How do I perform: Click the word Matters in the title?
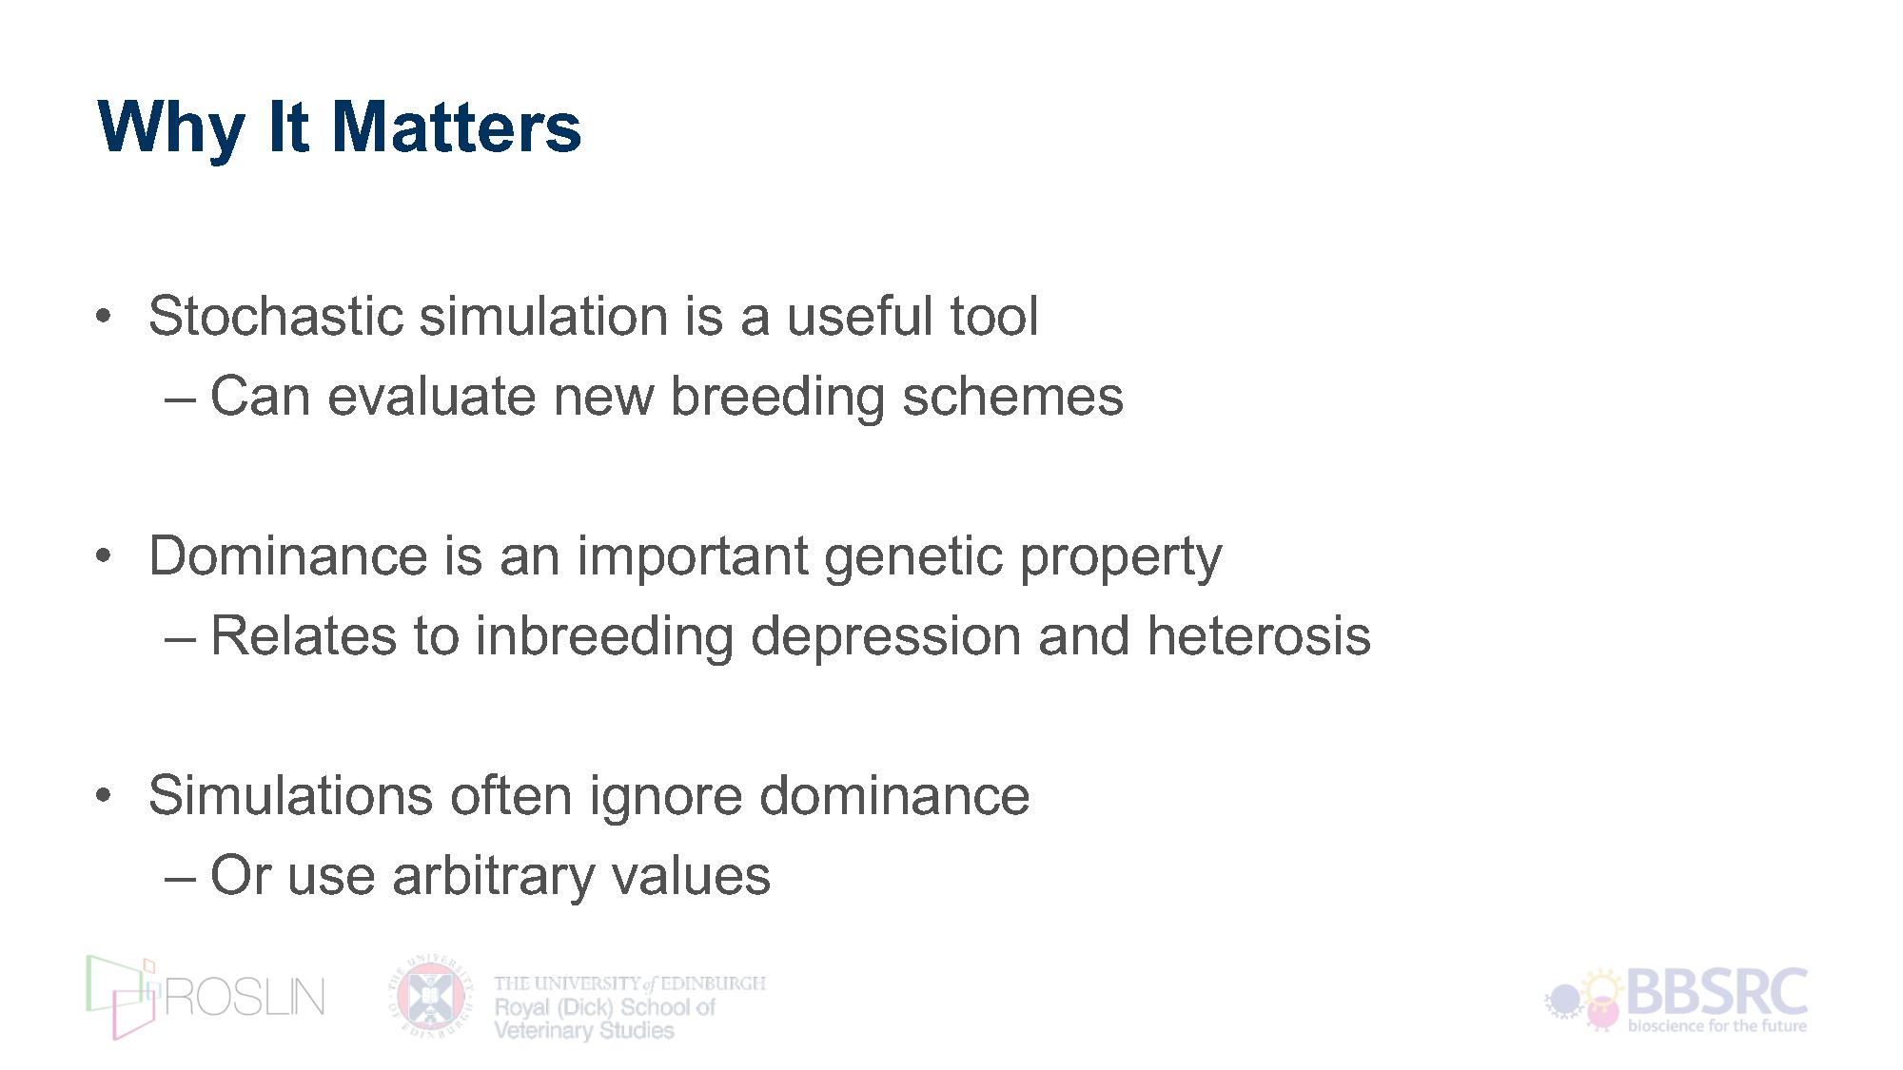tap(457, 126)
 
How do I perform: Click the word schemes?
tap(1012, 396)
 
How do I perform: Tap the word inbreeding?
tap(604, 637)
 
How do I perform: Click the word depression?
tap(886, 637)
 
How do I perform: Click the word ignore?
tap(665, 797)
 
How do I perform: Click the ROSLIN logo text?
tap(245, 997)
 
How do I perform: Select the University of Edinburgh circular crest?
tap(430, 997)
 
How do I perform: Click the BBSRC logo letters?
tap(1717, 992)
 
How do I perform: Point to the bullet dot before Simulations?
tap(105, 795)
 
